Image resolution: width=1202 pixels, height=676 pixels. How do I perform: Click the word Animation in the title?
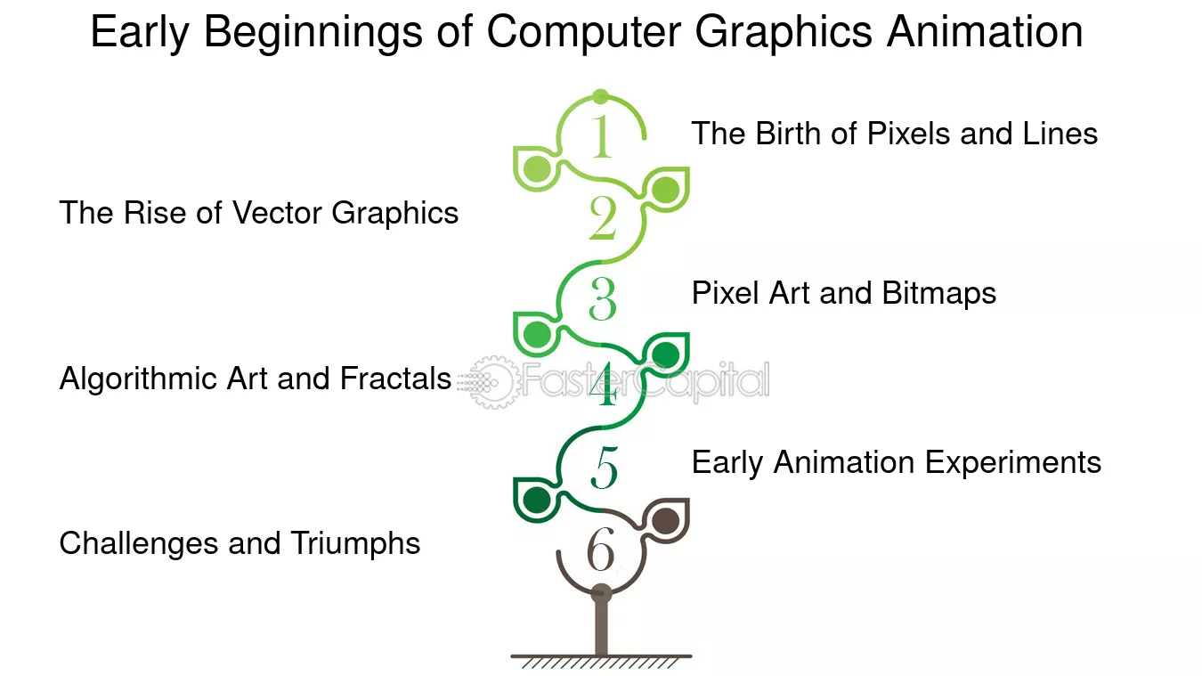[984, 32]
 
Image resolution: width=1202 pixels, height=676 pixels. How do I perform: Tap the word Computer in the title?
[584, 33]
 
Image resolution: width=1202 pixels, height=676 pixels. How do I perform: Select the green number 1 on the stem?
[602, 136]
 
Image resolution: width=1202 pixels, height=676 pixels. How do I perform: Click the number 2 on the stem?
[603, 217]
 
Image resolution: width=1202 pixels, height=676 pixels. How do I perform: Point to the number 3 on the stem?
[603, 298]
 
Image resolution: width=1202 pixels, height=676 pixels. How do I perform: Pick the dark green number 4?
[605, 384]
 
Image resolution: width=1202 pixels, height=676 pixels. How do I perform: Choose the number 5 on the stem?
[605, 468]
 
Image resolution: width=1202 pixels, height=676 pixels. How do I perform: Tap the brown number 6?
[600, 549]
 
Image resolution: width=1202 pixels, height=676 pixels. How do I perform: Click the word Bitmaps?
[938, 294]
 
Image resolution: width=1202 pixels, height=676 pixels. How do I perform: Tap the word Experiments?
[1013, 463]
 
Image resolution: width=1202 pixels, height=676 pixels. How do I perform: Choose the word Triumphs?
[355, 543]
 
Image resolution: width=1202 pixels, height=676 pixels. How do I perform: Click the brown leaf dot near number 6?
[665, 521]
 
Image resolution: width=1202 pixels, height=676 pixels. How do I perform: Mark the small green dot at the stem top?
[601, 97]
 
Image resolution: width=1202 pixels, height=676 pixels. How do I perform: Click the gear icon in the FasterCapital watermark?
[492, 382]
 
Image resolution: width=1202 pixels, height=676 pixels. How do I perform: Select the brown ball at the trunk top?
[602, 594]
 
